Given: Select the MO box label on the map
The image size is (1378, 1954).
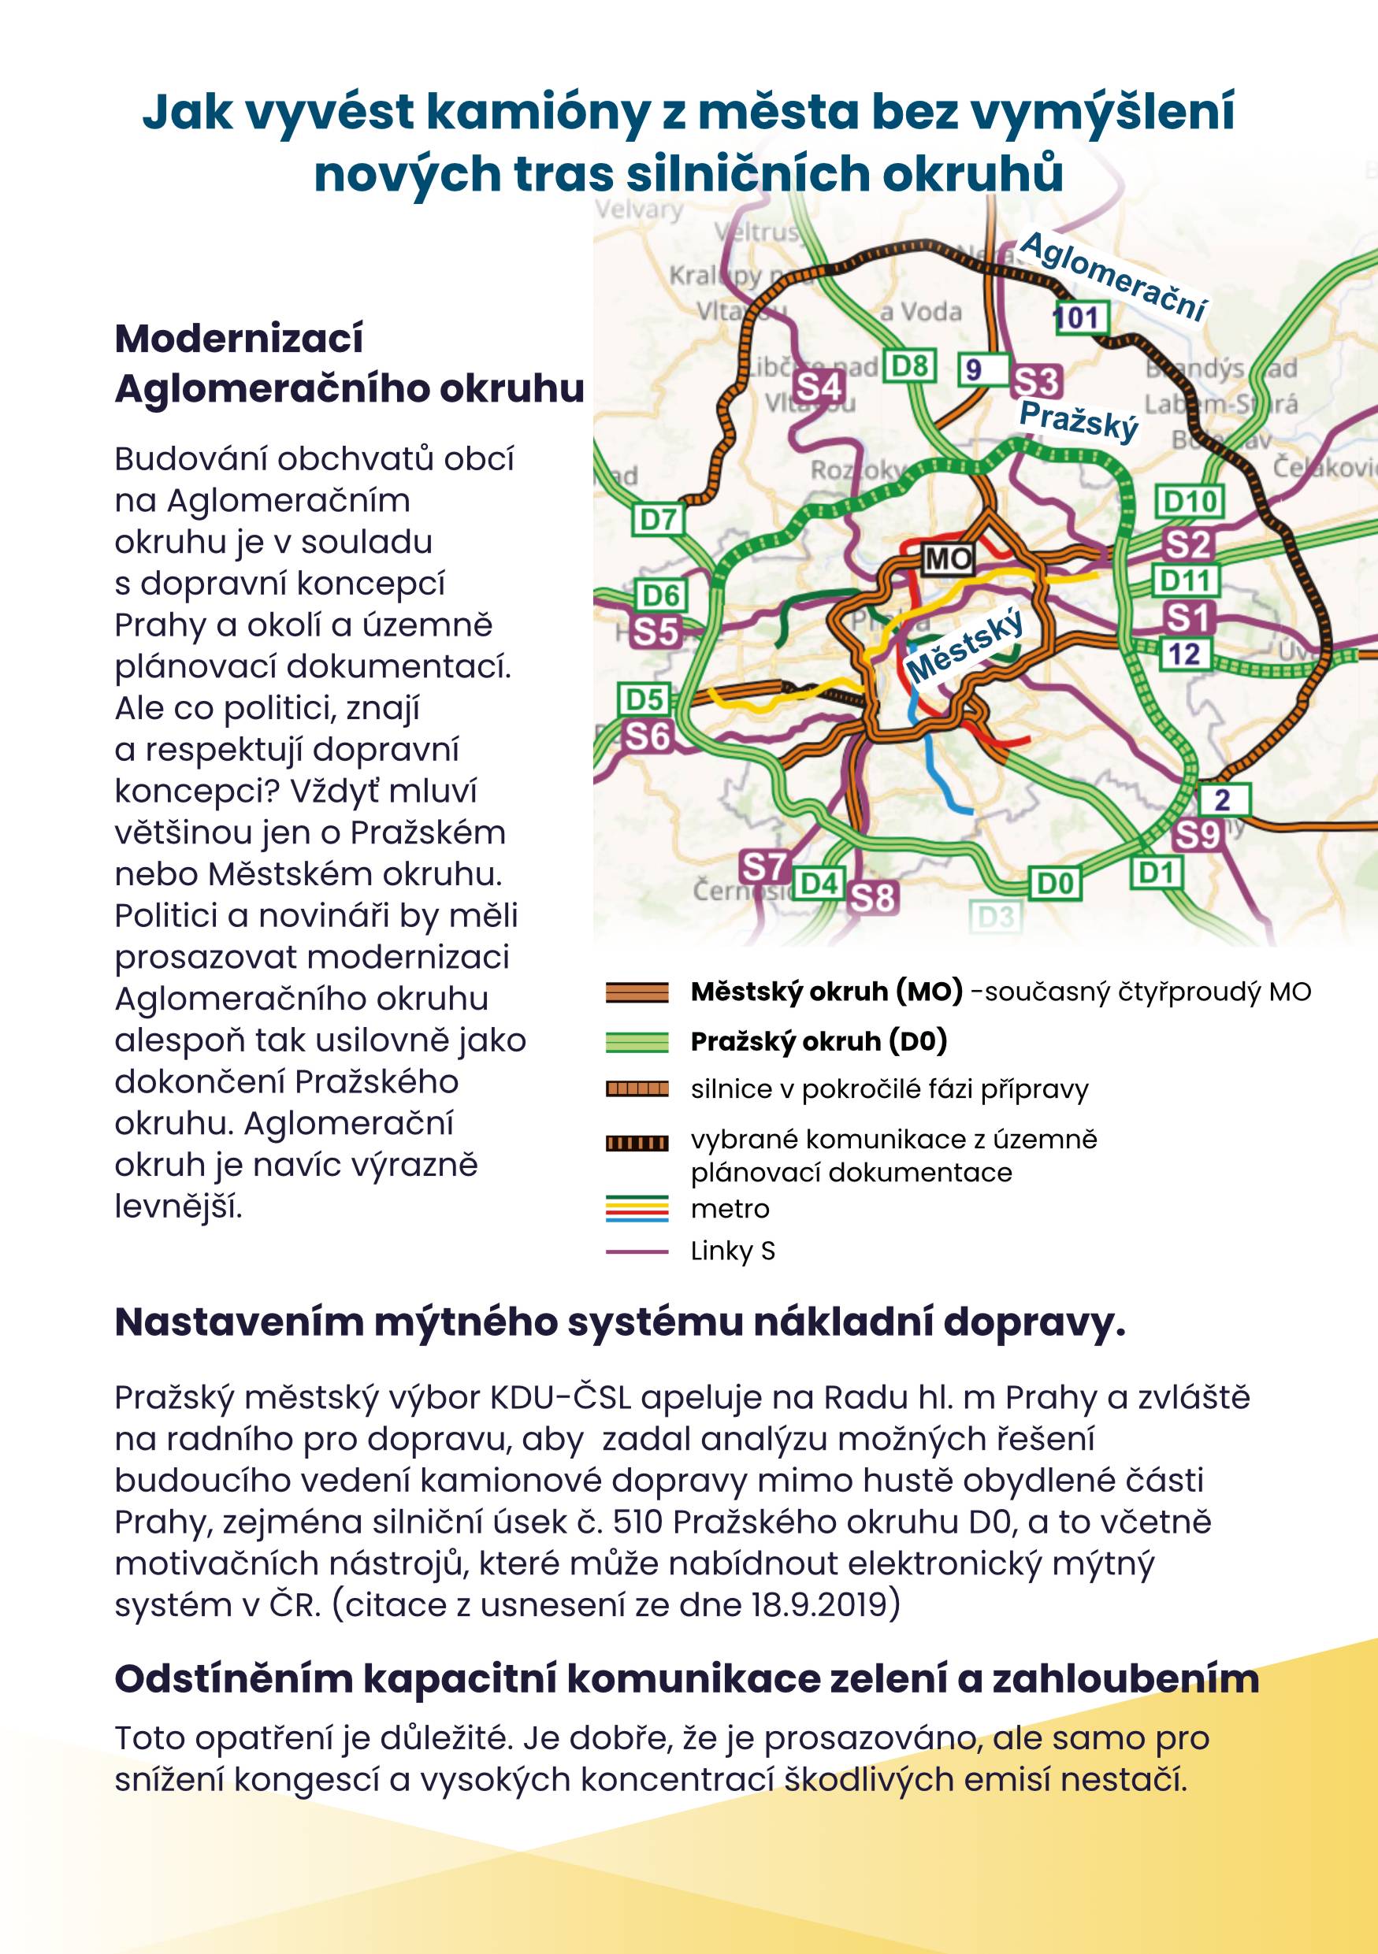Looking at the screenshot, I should pyautogui.click(x=947, y=558).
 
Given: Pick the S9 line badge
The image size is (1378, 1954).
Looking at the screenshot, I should pyautogui.click(x=1197, y=835).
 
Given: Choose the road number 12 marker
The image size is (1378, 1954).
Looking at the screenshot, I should pyautogui.click(x=1184, y=654).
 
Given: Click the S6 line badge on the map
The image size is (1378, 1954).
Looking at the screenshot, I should pyautogui.click(x=648, y=736).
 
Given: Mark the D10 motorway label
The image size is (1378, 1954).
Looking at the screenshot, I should pyautogui.click(x=1189, y=501).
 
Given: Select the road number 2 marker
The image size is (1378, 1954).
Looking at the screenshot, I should pyautogui.click(x=1223, y=799).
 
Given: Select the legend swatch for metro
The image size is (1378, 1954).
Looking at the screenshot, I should pyautogui.click(x=637, y=1208).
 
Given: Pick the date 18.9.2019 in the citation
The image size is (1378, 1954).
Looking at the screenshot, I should pyautogui.click(x=824, y=1604).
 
